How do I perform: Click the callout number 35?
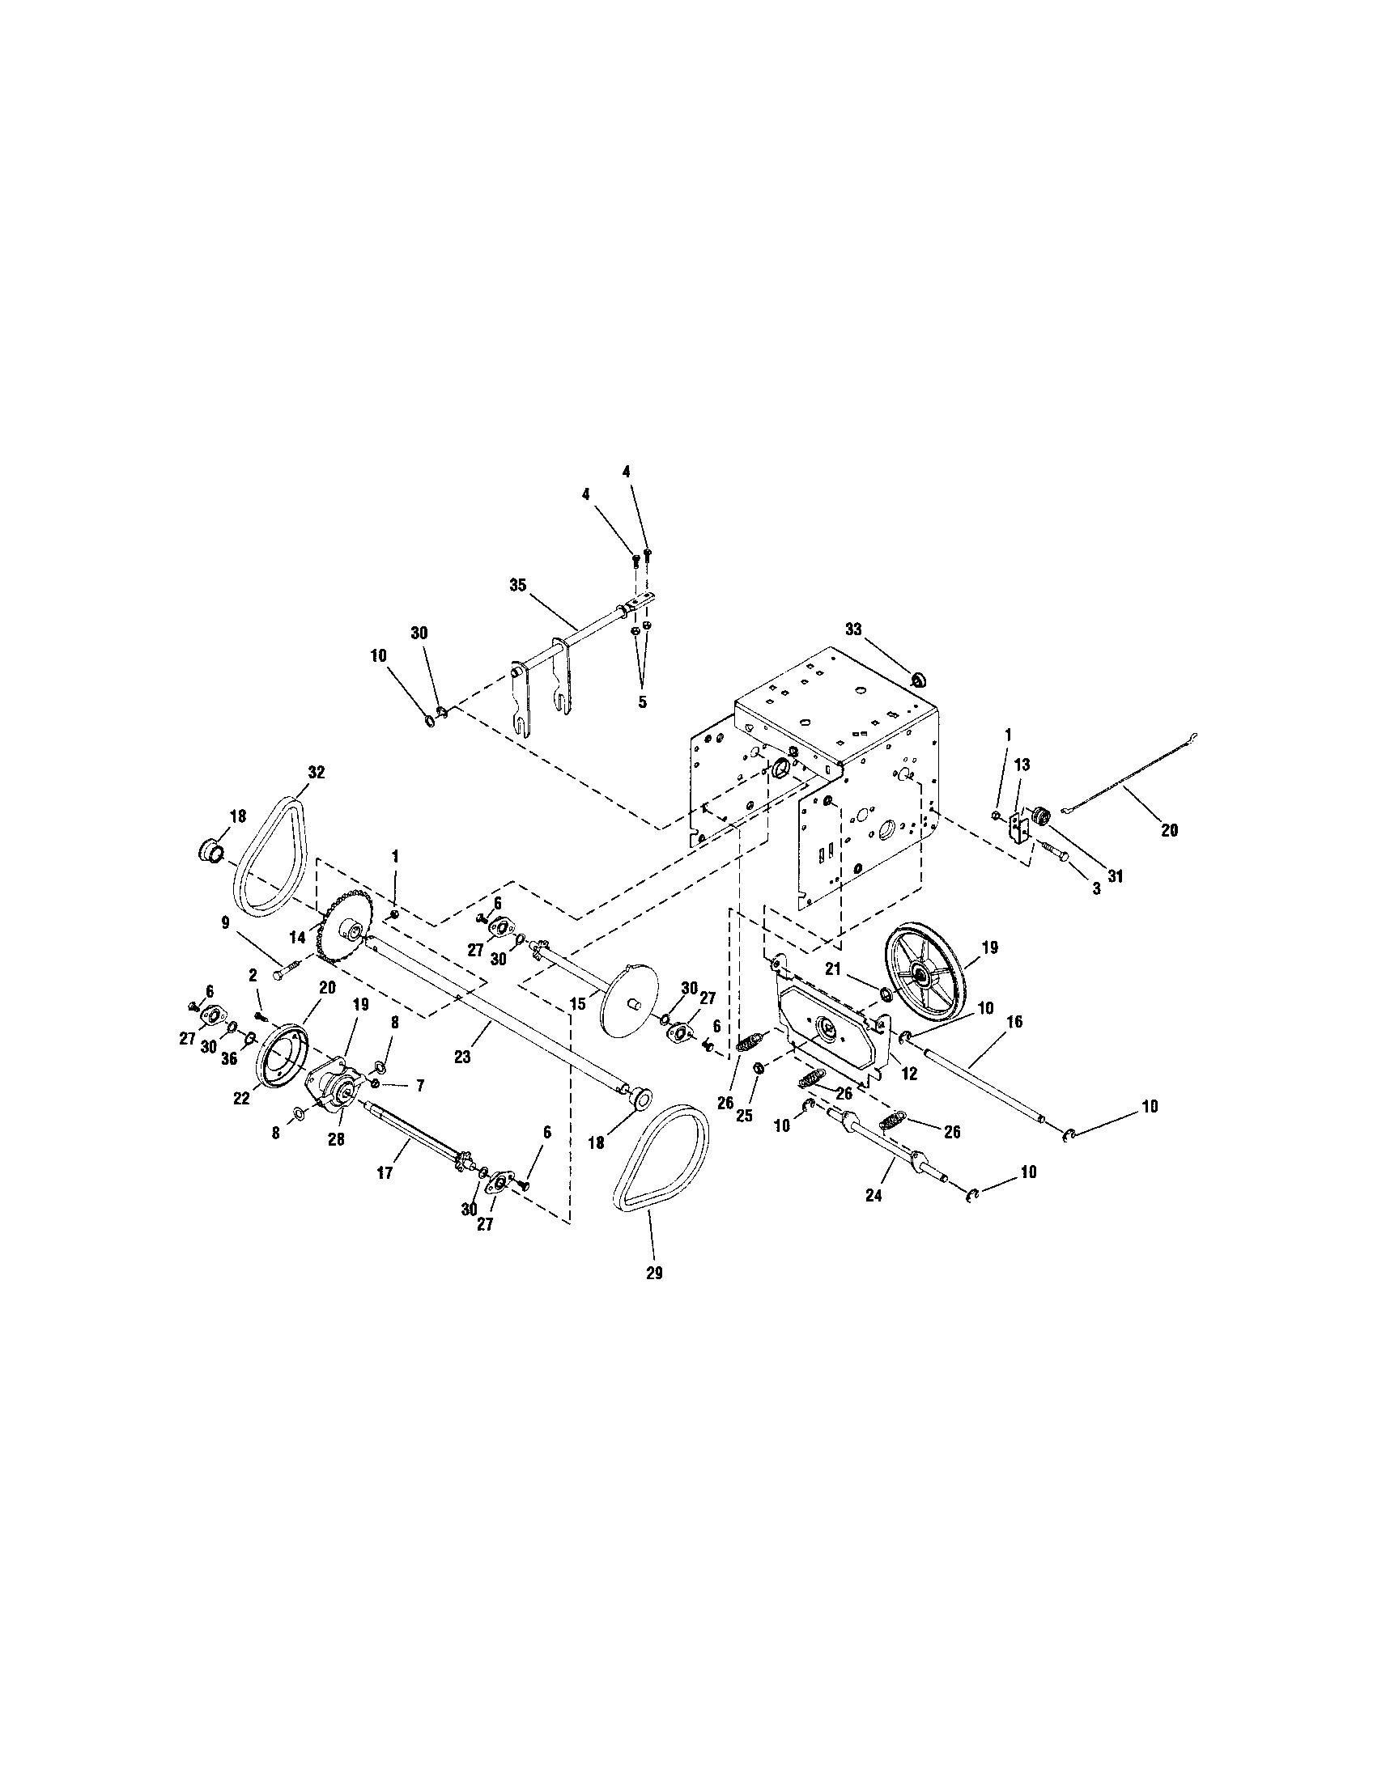518,584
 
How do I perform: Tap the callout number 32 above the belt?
317,773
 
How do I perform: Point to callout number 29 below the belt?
654,1273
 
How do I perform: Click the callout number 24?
874,1196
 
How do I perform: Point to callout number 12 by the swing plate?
909,1074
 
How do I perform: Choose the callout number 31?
1115,876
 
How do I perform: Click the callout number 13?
1022,765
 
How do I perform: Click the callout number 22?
241,1099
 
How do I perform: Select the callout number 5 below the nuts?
642,701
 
